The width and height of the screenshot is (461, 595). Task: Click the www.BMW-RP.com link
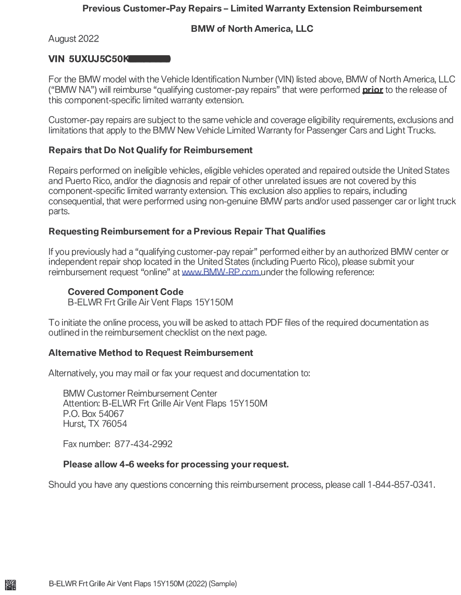coord(221,272)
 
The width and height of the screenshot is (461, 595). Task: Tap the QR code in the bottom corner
coord(10,584)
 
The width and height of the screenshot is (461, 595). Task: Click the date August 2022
coord(74,39)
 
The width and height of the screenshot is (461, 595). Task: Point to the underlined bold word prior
coord(372,90)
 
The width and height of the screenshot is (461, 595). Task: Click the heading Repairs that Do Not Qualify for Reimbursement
coord(150,150)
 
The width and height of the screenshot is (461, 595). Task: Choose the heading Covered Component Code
coord(125,292)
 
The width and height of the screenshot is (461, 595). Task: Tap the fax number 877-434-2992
coord(143,444)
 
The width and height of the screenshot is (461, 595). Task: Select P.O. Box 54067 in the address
coord(93,414)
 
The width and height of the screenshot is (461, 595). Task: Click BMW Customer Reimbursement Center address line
coord(140,393)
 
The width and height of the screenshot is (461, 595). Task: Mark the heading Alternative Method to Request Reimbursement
coord(151,353)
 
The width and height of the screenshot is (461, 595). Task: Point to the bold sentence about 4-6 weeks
coord(176,464)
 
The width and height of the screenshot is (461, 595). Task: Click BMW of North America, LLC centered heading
coord(252,29)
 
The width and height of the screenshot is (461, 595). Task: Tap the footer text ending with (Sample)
coord(142,584)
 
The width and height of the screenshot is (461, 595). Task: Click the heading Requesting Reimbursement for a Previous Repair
coord(187,231)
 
